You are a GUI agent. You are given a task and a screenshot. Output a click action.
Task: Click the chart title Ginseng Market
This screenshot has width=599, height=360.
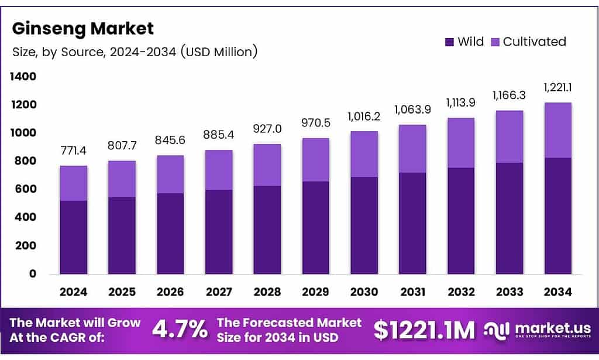click(x=82, y=28)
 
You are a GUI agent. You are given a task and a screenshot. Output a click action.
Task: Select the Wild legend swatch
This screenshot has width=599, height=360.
click(x=449, y=42)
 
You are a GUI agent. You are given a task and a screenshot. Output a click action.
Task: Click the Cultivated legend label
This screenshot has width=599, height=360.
click(x=534, y=42)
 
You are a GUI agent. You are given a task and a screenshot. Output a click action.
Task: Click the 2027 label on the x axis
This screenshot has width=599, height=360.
click(x=218, y=292)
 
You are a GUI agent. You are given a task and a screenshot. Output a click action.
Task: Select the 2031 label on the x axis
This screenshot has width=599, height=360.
click(x=412, y=292)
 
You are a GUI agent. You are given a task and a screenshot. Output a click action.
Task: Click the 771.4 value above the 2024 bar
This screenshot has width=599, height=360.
click(x=73, y=152)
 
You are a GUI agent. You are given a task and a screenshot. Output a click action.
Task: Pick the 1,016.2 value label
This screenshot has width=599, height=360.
click(x=363, y=117)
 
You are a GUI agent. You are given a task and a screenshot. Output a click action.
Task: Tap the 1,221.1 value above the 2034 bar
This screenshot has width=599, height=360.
click(x=557, y=88)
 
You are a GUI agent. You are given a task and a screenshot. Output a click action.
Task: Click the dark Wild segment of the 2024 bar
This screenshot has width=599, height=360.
click(x=73, y=237)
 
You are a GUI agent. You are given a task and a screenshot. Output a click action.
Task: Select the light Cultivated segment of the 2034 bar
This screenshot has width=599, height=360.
click(x=557, y=130)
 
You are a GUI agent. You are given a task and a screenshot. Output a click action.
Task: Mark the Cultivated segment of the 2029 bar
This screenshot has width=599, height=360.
click(x=315, y=160)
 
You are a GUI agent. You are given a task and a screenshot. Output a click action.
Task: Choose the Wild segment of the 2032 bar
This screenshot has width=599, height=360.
click(x=460, y=221)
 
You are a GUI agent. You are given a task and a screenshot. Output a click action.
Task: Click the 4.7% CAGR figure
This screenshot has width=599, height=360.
click(x=180, y=330)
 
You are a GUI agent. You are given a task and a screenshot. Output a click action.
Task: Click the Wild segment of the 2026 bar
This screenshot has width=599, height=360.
click(x=170, y=234)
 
